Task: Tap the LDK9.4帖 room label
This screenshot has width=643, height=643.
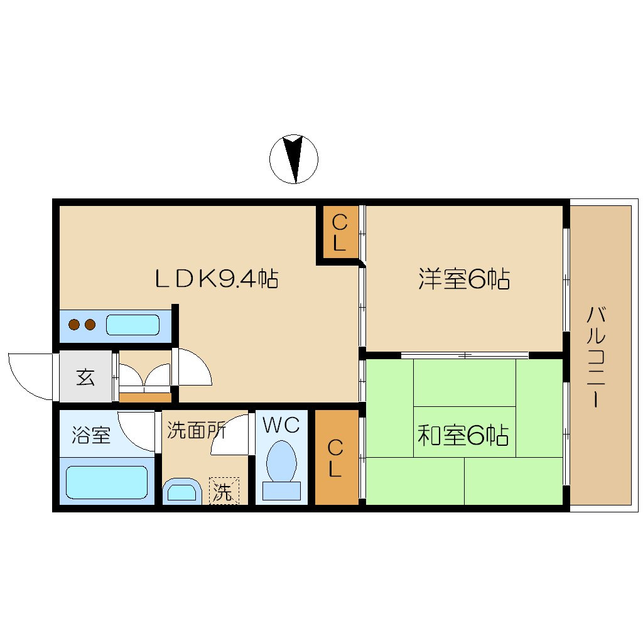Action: pyautogui.click(x=217, y=279)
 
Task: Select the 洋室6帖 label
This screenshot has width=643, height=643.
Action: pyautogui.click(x=464, y=279)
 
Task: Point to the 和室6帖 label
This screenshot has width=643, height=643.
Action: pyautogui.click(x=463, y=435)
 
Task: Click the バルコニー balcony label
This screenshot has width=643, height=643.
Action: pyautogui.click(x=596, y=357)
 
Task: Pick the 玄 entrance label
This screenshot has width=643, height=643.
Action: pyautogui.click(x=85, y=377)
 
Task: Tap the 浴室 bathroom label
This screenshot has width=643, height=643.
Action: pyautogui.click(x=91, y=435)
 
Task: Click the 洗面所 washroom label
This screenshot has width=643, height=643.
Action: pyautogui.click(x=197, y=430)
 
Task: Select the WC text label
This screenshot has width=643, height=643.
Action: pyautogui.click(x=281, y=425)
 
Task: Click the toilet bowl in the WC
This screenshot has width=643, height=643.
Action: pyautogui.click(x=281, y=461)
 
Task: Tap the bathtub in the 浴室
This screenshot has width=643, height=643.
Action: pyautogui.click(x=107, y=482)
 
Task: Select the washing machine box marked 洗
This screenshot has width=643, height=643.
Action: pyautogui.click(x=224, y=490)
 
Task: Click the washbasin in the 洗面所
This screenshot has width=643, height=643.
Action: pyautogui.click(x=182, y=491)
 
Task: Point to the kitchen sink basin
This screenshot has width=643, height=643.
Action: pyautogui.click(x=132, y=325)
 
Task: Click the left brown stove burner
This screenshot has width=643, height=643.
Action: pyautogui.click(x=74, y=325)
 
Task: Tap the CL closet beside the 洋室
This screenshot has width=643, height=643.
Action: pyautogui.click(x=339, y=232)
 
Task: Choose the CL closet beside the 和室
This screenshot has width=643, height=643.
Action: pyautogui.click(x=335, y=457)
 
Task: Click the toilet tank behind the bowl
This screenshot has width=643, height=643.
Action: pyautogui.click(x=281, y=491)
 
